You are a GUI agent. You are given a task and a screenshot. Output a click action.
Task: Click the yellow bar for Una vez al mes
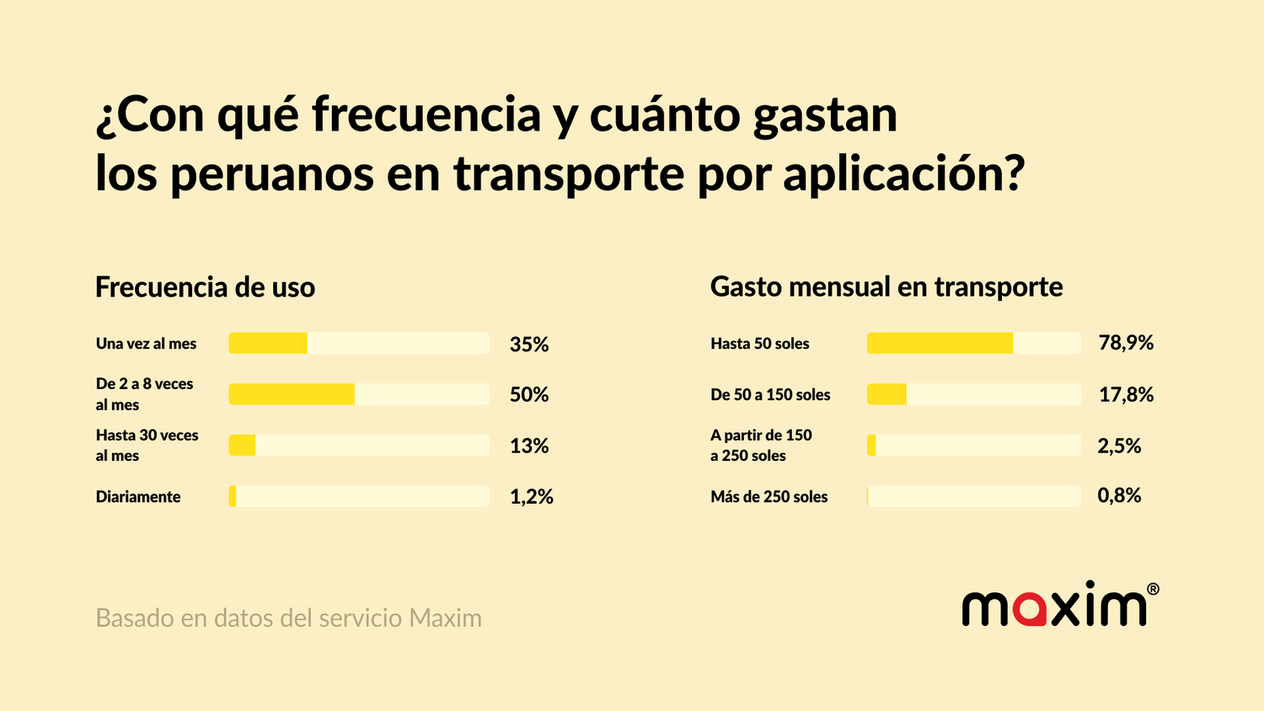coord(268,343)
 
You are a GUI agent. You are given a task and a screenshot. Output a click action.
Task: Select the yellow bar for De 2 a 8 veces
coord(292,394)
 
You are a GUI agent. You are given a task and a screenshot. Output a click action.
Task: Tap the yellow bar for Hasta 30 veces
coord(242,446)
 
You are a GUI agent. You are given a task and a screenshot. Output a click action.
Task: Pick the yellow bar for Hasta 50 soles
coord(940,343)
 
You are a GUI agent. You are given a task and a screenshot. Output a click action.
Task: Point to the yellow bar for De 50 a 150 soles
coord(886,394)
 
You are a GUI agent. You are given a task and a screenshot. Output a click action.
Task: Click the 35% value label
coord(529,344)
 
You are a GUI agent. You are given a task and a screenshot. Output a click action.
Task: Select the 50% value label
coord(529,394)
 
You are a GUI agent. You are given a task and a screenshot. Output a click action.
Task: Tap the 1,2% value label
coord(532,497)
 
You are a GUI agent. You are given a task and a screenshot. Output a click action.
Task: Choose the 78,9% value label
coord(1126,343)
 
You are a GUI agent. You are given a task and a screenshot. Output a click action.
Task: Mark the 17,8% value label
coord(1126,394)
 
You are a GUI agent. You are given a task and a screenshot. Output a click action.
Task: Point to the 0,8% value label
coord(1119,495)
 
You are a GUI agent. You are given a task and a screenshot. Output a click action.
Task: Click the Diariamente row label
coord(138,497)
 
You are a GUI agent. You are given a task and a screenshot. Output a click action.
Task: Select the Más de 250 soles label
coord(769,497)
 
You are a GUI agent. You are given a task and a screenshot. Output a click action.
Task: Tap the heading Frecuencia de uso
coord(205,287)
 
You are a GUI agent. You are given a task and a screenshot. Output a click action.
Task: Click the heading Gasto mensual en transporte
coord(886,287)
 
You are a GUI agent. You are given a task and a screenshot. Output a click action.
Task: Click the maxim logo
coord(1054,606)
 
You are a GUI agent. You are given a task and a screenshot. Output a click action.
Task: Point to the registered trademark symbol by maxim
coord(1153,589)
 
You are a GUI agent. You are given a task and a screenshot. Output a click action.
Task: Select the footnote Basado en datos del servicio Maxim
coord(288,618)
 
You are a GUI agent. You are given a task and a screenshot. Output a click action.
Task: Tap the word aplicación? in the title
coord(903,174)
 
